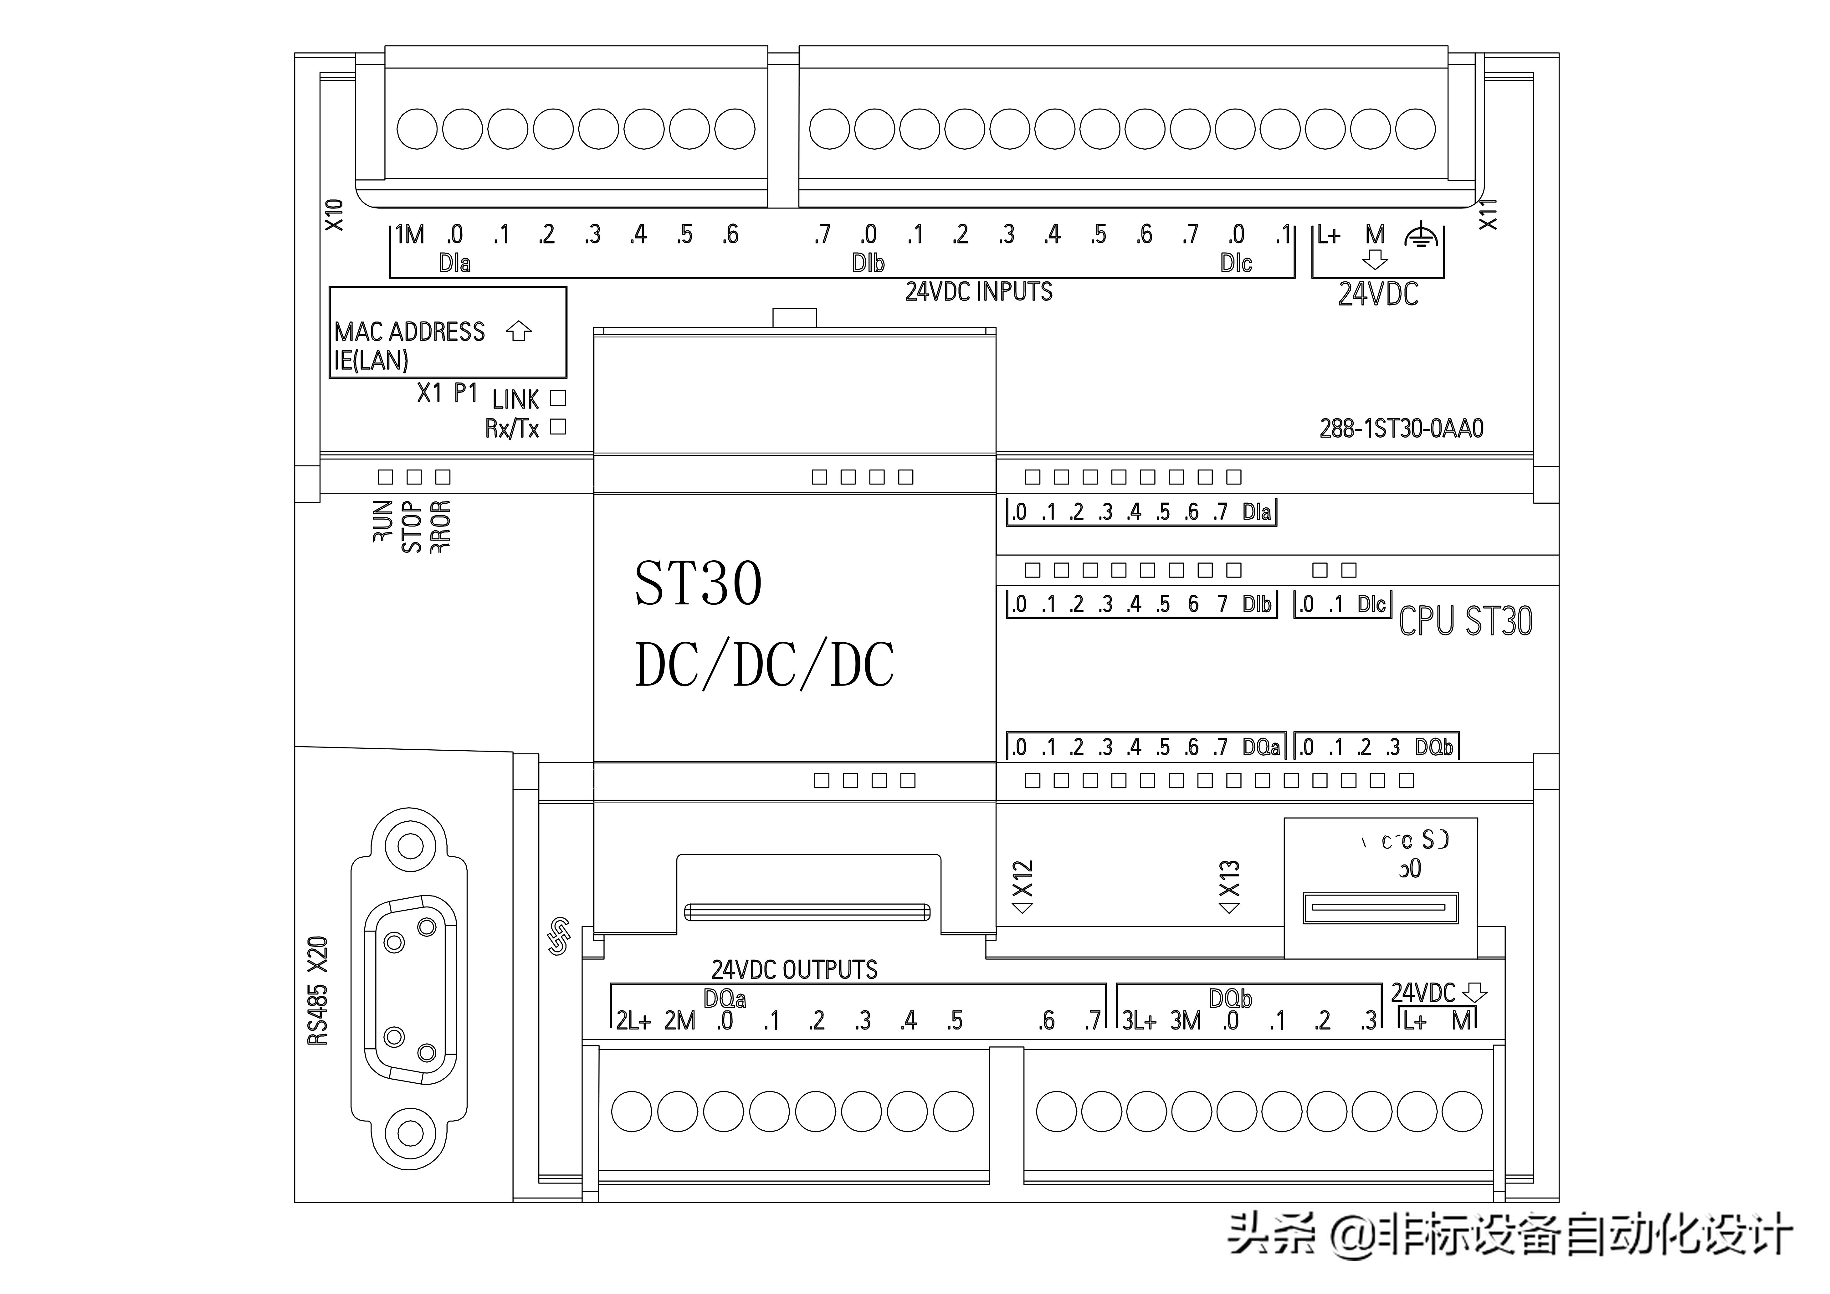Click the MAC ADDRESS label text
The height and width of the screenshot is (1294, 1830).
[x=409, y=332]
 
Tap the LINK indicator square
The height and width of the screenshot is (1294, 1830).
[x=558, y=398]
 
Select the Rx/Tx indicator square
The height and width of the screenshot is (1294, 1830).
[x=558, y=427]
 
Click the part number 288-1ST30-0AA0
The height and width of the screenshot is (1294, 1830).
[x=1400, y=429]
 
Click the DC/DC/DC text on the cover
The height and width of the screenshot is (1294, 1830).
[x=764, y=665]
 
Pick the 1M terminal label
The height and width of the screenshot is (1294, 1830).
[x=410, y=234]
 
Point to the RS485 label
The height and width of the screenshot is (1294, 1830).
[x=317, y=1014]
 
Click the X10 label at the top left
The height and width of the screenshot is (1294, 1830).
[x=334, y=215]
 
